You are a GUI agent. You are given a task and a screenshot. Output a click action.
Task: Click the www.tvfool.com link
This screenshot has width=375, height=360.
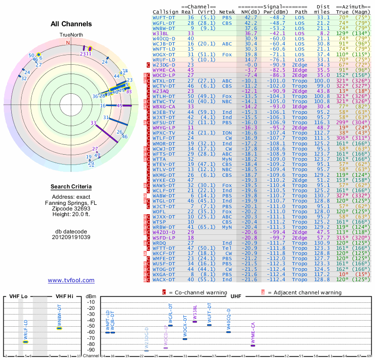(71, 280)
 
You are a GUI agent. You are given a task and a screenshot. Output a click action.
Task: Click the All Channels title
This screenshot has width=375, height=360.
(71, 24)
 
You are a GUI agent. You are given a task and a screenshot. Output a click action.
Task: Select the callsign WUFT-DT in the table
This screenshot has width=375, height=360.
(165, 17)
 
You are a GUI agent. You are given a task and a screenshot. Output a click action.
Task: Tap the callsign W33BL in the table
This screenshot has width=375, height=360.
(161, 33)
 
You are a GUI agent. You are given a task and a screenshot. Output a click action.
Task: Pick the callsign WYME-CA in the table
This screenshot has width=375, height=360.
(164, 69)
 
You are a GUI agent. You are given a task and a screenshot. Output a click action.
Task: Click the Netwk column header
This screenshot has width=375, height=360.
(227, 11)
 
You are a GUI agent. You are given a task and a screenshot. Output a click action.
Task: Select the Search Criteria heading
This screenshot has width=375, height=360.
(71, 187)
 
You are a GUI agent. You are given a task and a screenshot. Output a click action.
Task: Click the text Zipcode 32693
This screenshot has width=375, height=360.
(71, 208)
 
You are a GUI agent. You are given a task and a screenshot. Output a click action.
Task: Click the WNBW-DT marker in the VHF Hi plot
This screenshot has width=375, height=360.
(60, 328)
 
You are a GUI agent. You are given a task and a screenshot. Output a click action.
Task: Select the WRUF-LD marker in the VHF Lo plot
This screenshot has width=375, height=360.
(26, 341)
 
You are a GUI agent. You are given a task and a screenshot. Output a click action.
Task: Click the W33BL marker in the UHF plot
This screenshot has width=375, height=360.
(195, 322)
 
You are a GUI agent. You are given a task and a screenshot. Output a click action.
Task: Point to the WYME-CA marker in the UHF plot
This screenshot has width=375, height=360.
(253, 345)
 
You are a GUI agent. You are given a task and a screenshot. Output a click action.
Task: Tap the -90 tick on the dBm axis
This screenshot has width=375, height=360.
(91, 350)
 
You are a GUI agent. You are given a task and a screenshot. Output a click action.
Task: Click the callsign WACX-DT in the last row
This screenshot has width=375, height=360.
(165, 280)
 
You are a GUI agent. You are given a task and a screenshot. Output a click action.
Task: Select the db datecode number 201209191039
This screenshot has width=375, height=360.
(71, 237)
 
